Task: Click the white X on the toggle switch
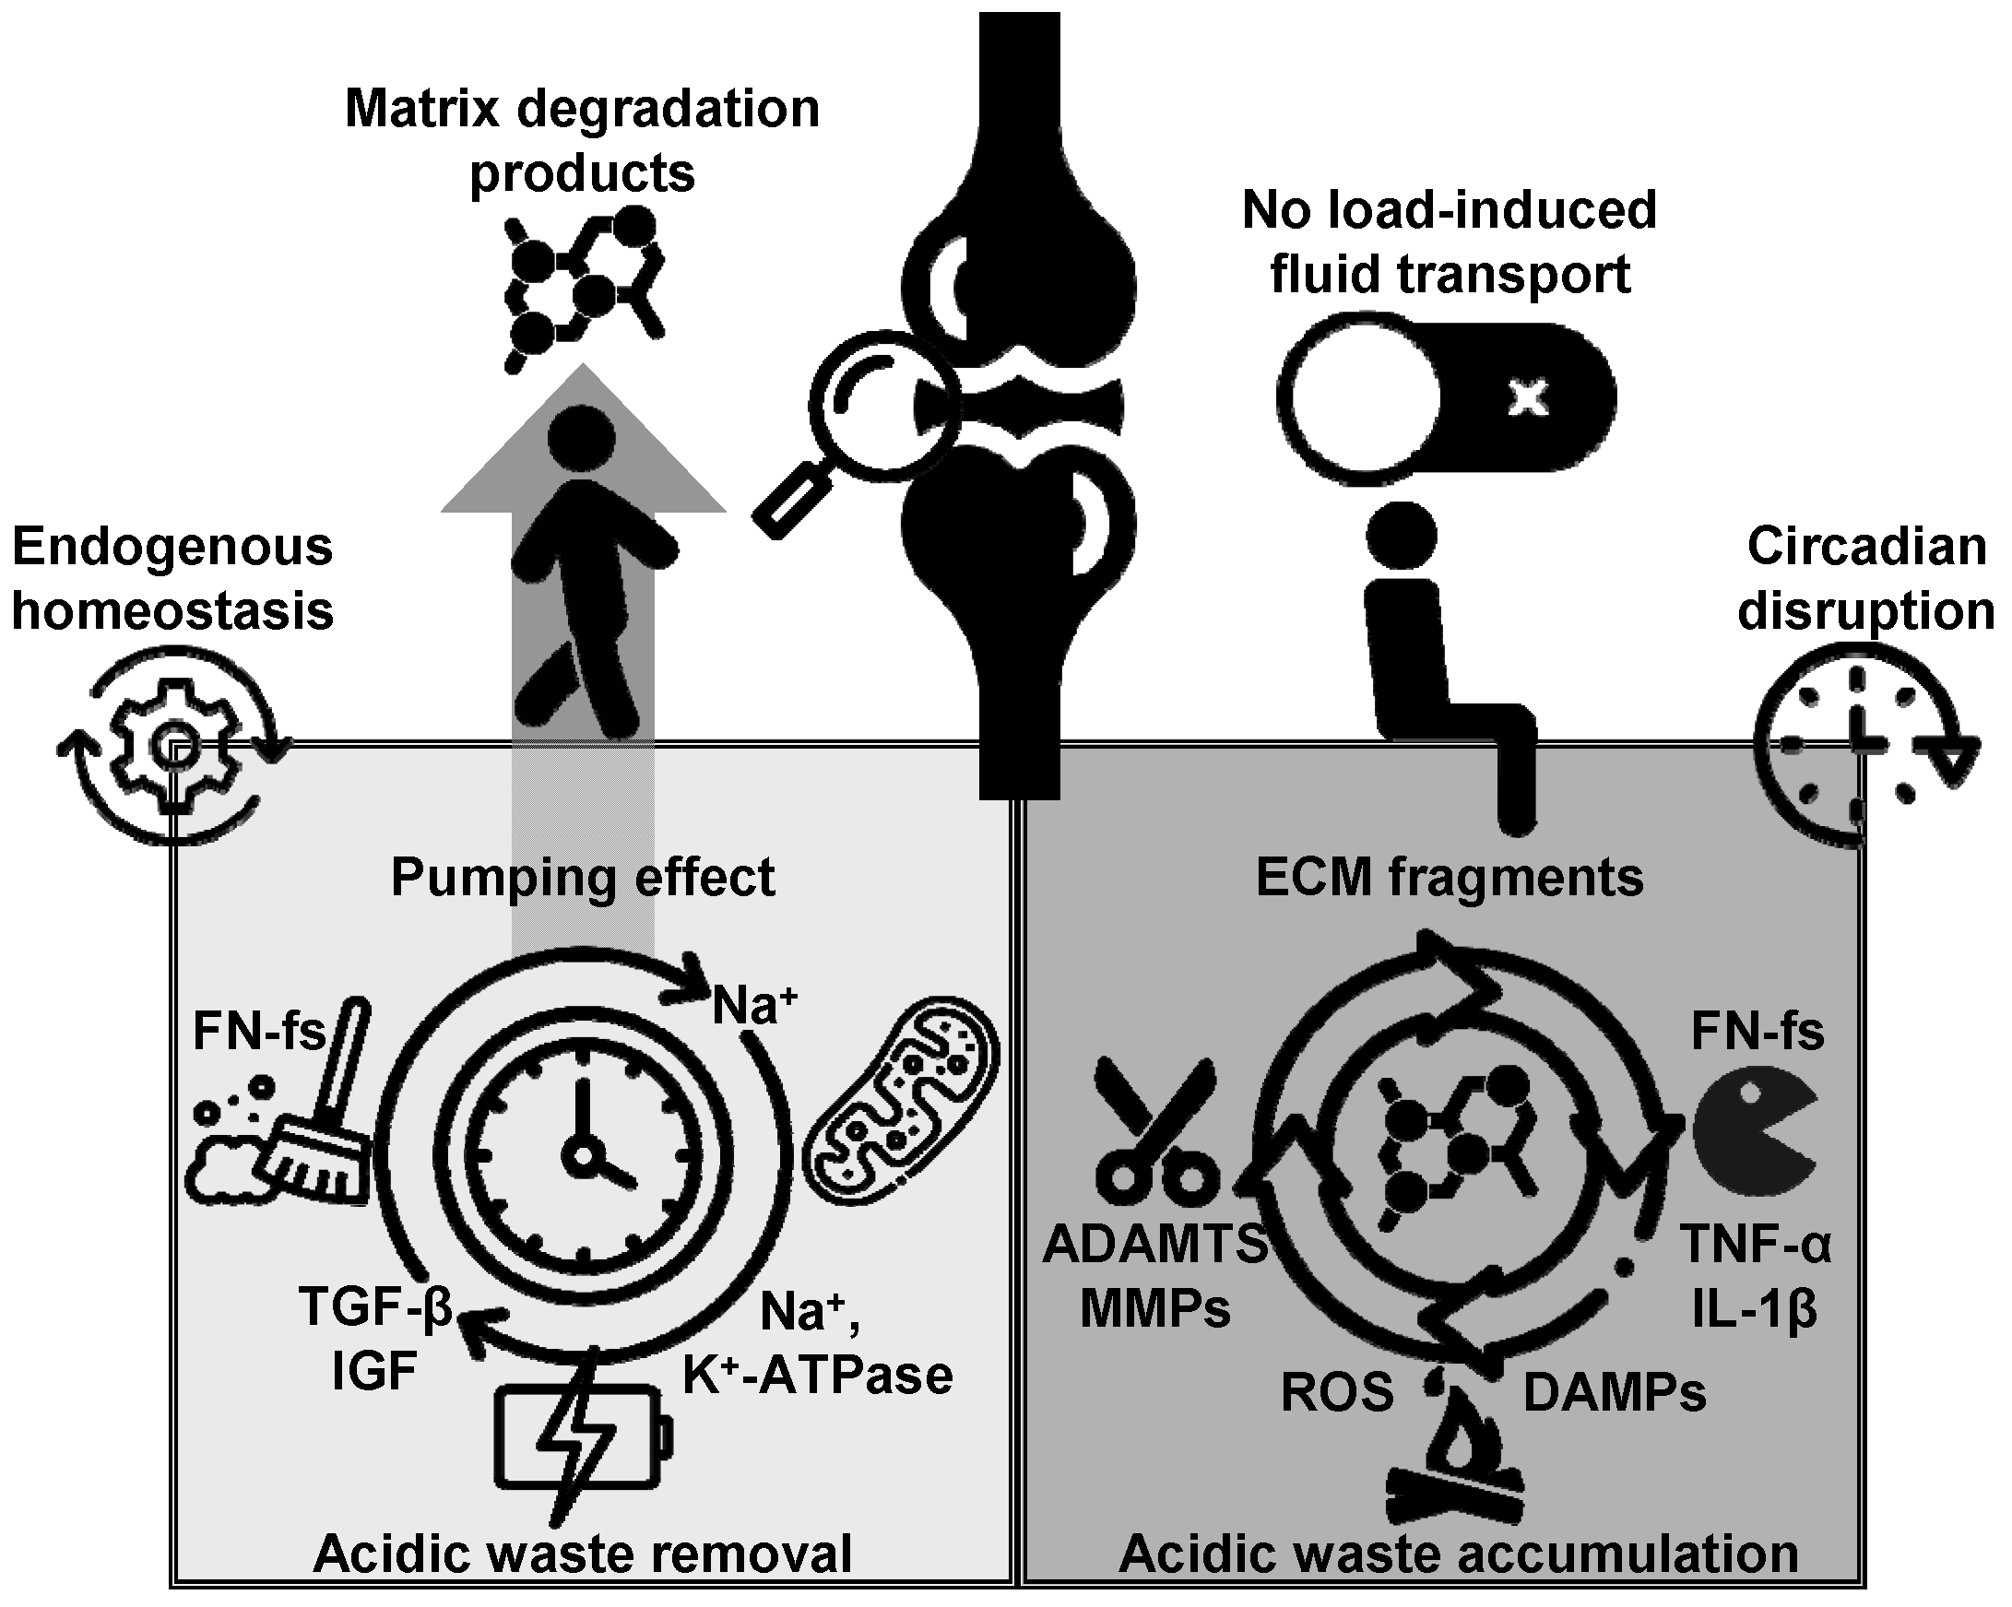pos(1528,398)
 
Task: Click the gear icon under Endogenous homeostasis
pos(175,746)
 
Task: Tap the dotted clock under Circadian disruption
pos(1857,747)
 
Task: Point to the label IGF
pos(373,1372)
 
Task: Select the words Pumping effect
pos(583,877)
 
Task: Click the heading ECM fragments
pos(1450,877)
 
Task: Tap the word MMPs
pos(1155,1308)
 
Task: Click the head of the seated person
pos(1401,535)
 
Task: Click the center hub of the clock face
pos(584,1156)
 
